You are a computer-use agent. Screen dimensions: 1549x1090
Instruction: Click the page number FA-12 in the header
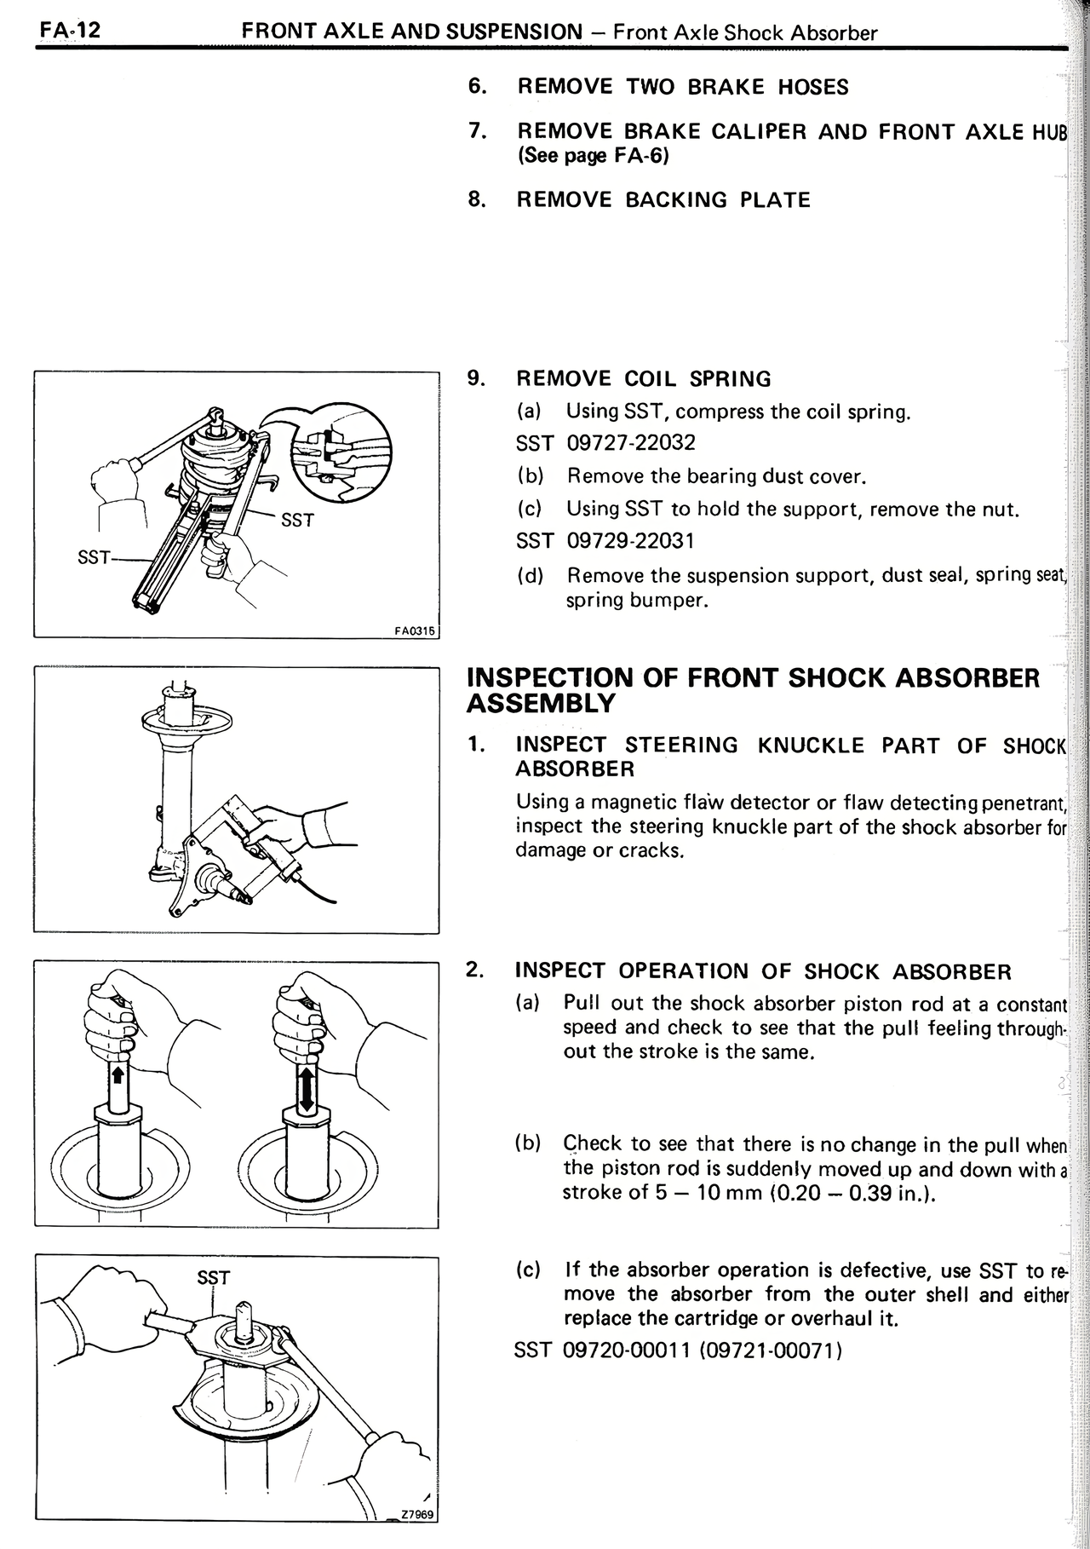[x=69, y=32]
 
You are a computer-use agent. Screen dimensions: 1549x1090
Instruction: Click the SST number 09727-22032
[x=630, y=443]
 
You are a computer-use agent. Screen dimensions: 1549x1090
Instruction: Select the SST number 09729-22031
[x=630, y=541]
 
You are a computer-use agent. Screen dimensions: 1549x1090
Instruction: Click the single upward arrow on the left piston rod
[x=118, y=1074]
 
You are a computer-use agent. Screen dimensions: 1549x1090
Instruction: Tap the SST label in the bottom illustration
[x=213, y=1277]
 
